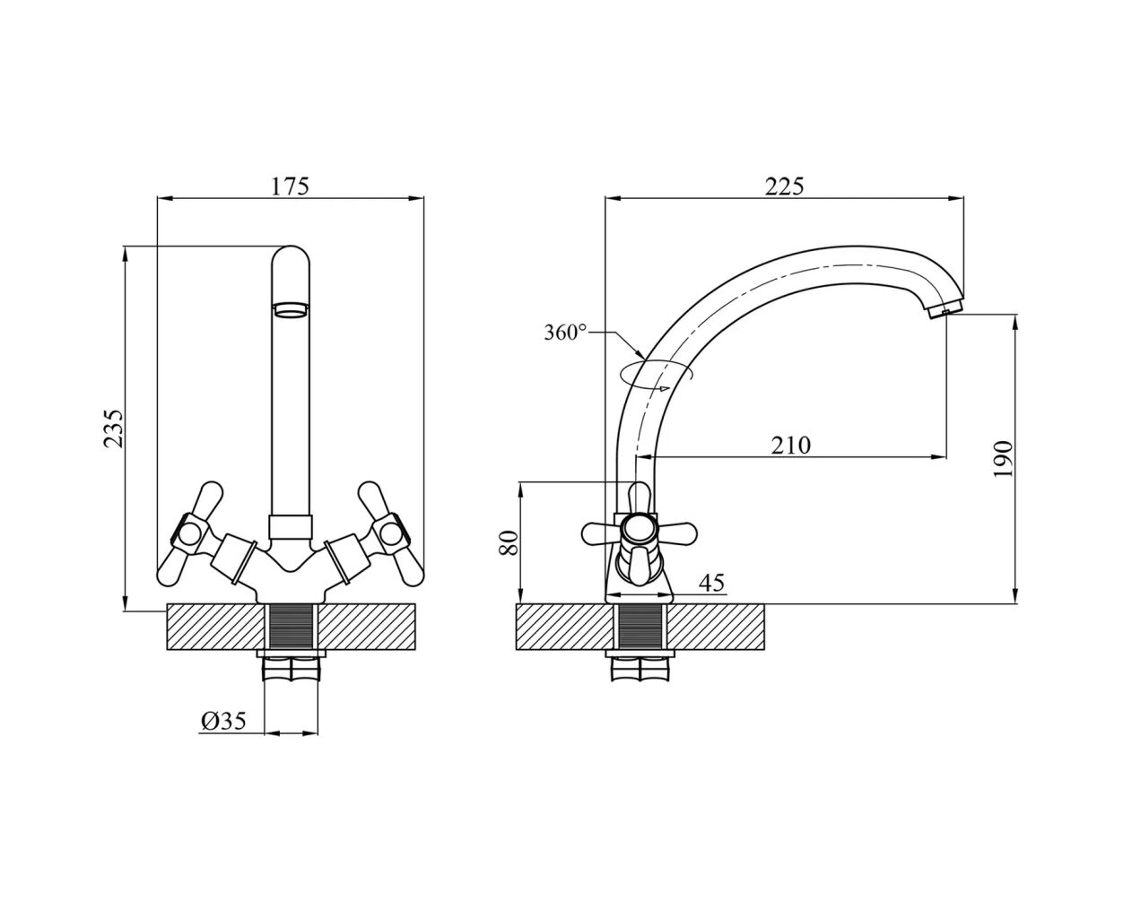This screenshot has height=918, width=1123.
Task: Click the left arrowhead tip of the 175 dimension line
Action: pos(158,199)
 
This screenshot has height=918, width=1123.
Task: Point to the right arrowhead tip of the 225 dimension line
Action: pos(963,199)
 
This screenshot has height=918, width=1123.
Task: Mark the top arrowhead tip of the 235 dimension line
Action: pos(126,247)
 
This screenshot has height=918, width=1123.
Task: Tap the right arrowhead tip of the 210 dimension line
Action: pos(946,456)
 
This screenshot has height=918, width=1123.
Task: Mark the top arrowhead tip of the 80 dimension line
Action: pos(520,482)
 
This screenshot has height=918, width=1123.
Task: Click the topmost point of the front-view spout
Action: pos(291,246)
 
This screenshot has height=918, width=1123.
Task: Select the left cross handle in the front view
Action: pos(190,534)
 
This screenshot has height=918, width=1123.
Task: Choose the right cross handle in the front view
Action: pos(391,534)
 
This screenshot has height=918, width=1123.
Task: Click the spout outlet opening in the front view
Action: pos(291,309)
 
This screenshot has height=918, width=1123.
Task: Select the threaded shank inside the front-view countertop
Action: pos(291,627)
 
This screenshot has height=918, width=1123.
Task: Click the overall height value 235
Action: pos(113,429)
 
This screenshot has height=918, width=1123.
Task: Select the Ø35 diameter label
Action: pos(223,721)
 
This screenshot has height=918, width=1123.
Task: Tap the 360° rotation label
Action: pos(565,333)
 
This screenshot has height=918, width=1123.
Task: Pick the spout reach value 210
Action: pos(791,445)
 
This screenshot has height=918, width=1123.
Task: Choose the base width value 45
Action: pos(712,583)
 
